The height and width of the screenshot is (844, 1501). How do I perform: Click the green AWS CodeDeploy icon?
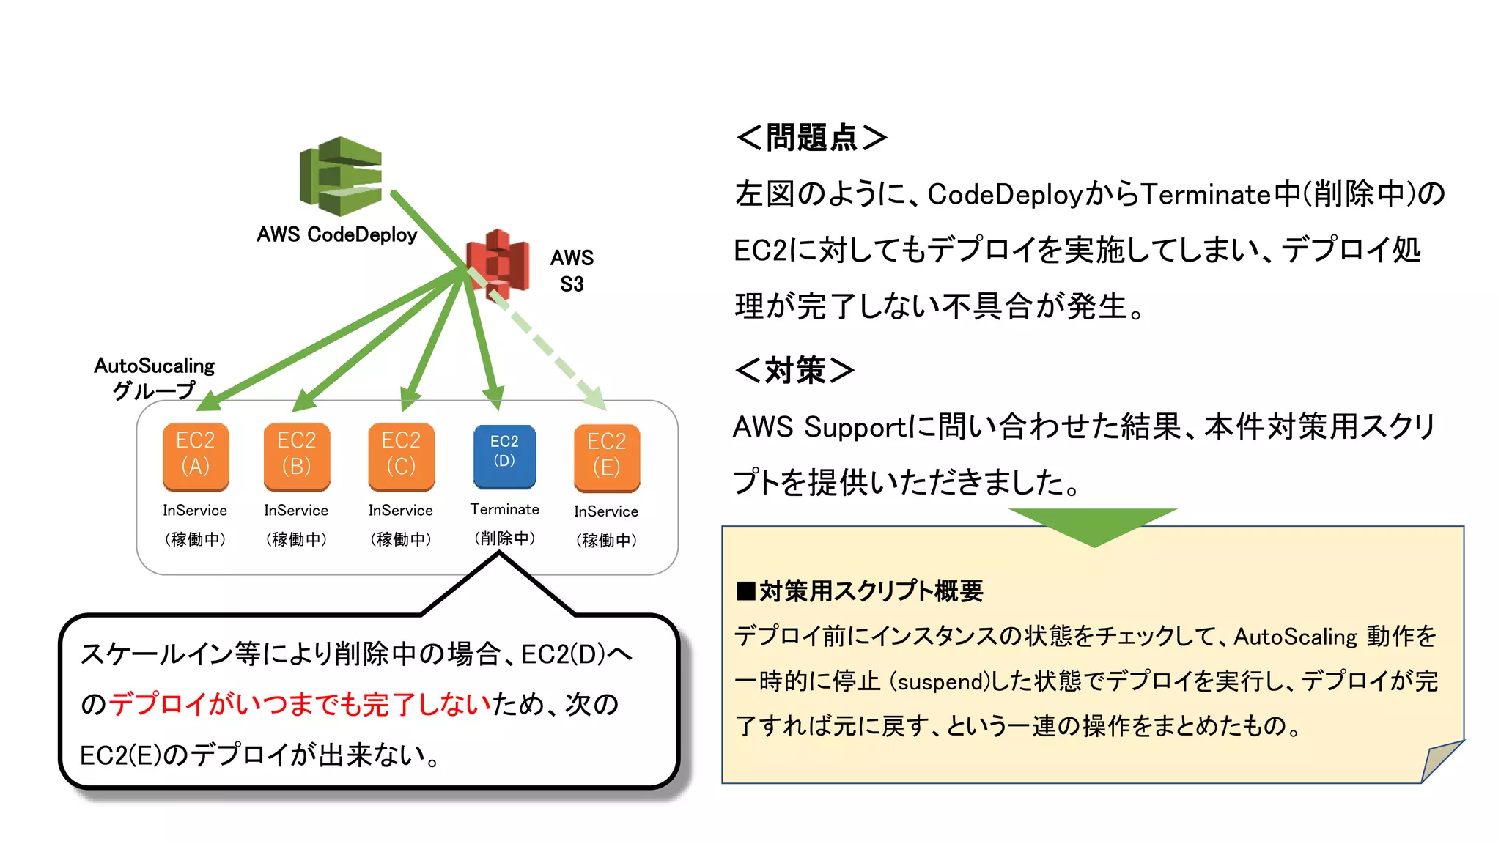tap(341, 177)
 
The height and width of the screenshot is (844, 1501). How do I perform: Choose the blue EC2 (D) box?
tap(504, 456)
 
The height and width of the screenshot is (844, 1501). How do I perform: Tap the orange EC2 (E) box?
tap(607, 458)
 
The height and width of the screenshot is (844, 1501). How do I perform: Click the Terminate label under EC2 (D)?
tap(504, 509)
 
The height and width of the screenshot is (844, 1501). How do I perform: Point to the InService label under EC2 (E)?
tap(606, 511)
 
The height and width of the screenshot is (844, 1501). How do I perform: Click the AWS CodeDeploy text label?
tap(337, 234)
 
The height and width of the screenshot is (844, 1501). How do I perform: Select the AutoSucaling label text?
tap(154, 366)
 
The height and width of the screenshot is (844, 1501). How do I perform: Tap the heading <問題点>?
tap(811, 137)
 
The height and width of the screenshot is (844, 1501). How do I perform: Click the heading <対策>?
tap(794, 370)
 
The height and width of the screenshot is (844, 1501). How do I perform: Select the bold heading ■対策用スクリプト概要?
tap(859, 591)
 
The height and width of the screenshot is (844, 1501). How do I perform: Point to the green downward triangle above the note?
tap(1094, 525)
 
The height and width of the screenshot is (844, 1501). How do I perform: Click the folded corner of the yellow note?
tap(1438, 762)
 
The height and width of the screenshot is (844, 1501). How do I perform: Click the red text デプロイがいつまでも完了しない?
tap(300, 704)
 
